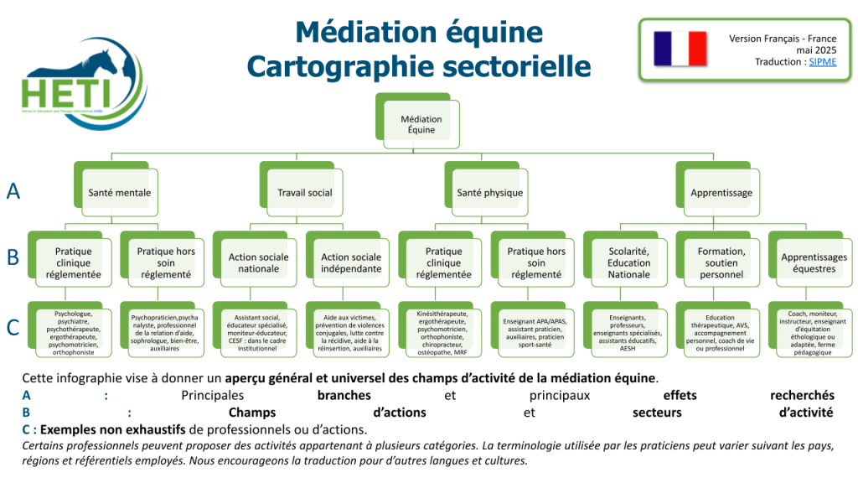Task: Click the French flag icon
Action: [681, 49]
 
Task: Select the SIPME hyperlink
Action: [823, 62]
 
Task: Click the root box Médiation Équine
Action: [421, 124]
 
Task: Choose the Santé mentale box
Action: [120, 192]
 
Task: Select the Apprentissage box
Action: [721, 192]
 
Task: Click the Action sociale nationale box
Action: [258, 262]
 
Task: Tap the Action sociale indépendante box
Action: [351, 262]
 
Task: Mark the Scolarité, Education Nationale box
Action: [629, 262]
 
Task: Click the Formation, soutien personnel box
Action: [721, 262]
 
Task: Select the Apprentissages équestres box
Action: [814, 262]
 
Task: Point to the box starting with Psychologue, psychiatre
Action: [73, 333]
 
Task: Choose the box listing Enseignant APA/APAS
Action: [536, 333]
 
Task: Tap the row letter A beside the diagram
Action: [13, 191]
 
